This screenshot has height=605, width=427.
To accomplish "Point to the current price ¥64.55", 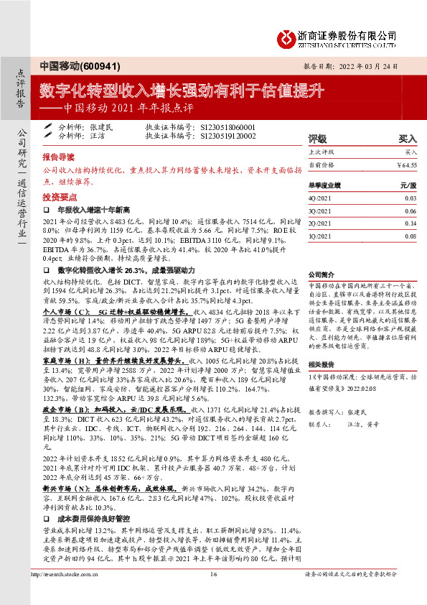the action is [x=406, y=165].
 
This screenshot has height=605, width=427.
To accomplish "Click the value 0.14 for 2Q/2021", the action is [x=410, y=223].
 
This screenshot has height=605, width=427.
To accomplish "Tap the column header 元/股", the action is [x=408, y=185].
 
